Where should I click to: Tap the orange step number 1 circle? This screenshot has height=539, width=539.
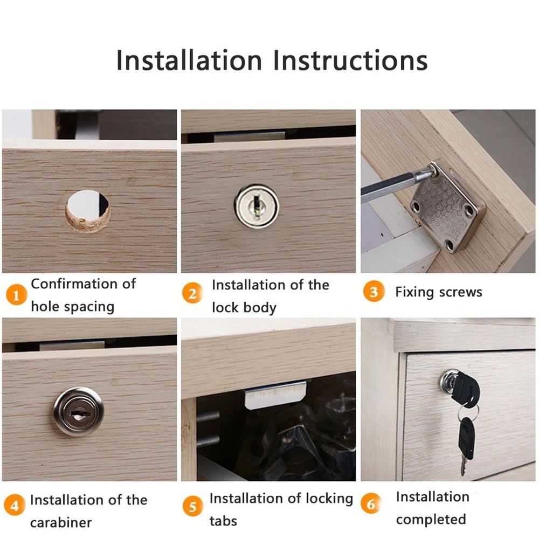point(16,295)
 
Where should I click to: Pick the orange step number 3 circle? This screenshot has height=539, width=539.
point(374,292)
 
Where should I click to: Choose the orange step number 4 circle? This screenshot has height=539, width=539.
point(15,507)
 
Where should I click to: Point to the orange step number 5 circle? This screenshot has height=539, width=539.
point(192,507)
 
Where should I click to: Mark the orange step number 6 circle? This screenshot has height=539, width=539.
point(371,505)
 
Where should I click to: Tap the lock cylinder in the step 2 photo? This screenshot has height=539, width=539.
point(257,206)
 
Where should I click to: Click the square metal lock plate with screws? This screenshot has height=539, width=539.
point(447,207)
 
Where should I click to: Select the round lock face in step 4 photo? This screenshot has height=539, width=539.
point(79,411)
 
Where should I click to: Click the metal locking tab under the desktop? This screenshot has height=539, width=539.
point(275,394)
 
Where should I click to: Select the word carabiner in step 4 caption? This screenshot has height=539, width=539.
point(61,522)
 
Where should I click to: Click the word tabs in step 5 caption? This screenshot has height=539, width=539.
point(223,521)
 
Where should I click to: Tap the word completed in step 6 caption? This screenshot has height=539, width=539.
point(431,520)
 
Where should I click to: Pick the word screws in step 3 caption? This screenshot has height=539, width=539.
point(460,292)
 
